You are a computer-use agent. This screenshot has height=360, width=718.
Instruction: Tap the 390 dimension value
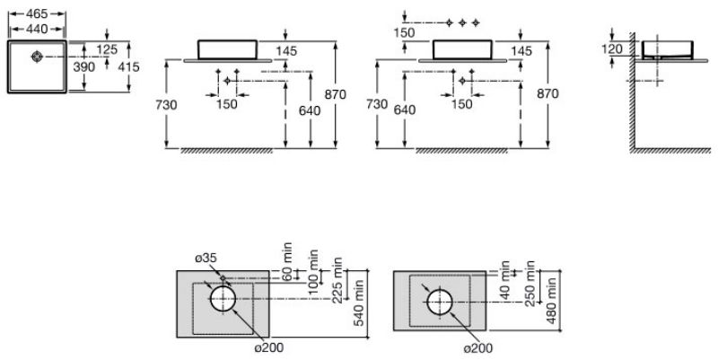(x=83, y=67)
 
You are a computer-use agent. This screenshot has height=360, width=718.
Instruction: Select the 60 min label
(x=288, y=259)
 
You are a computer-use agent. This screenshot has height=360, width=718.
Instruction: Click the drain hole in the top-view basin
(x=38, y=58)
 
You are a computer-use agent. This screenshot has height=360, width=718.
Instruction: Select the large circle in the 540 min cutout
(x=223, y=299)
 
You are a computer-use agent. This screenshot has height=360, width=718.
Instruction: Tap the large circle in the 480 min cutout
(x=440, y=302)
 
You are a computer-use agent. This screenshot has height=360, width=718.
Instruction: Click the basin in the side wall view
(x=664, y=48)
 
